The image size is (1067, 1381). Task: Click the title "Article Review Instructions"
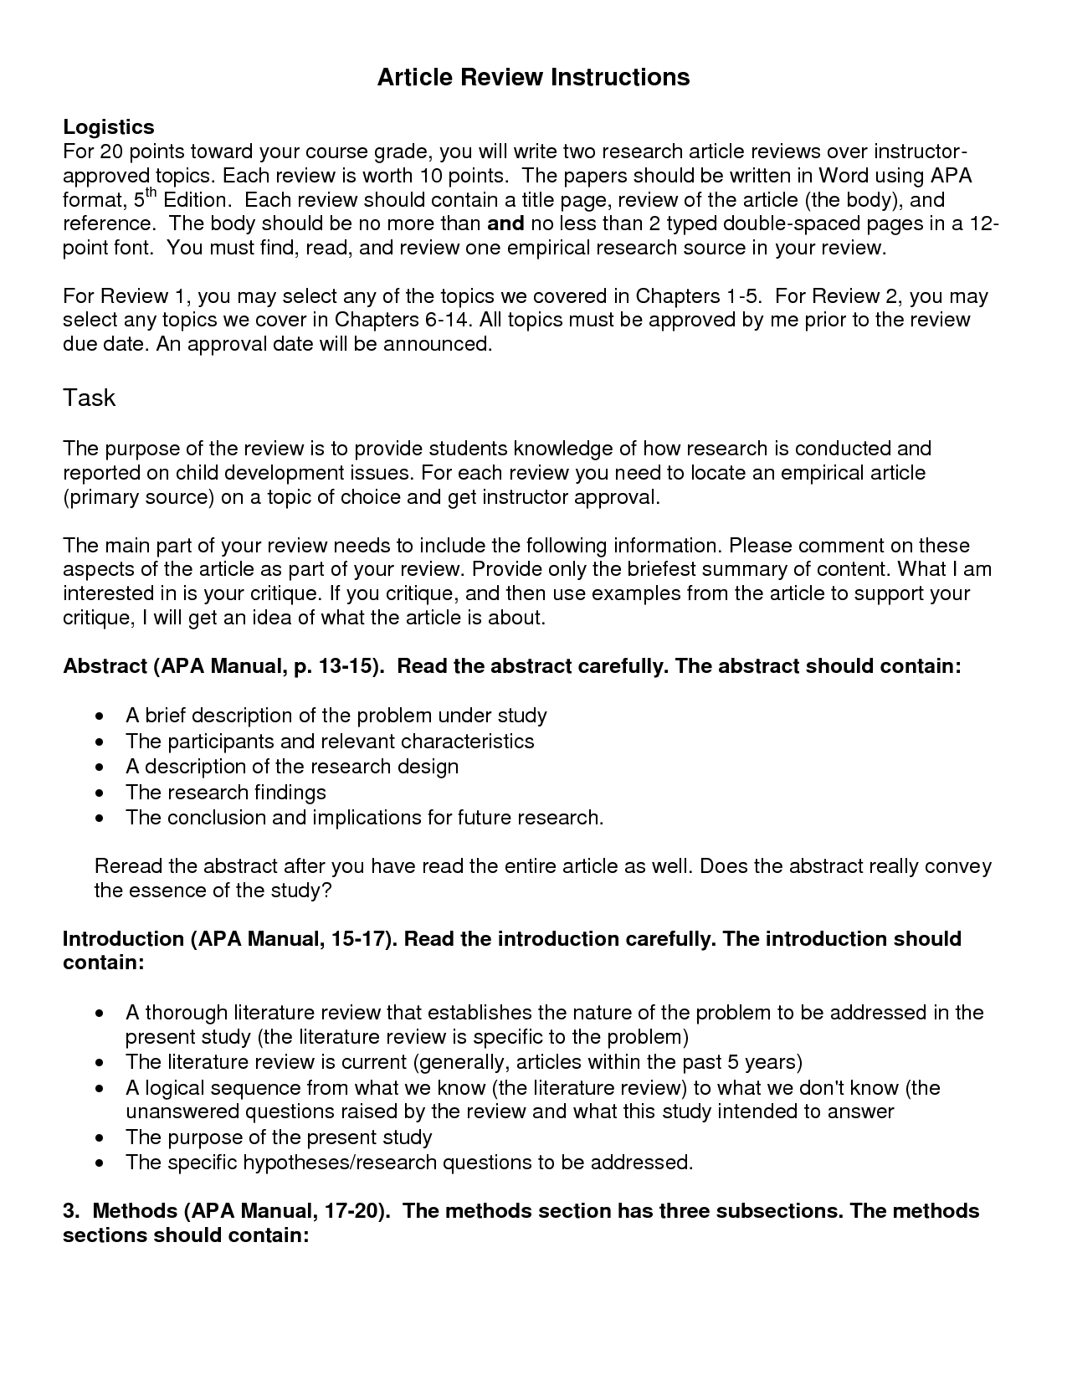tap(533, 77)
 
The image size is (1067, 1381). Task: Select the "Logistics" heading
tap(109, 126)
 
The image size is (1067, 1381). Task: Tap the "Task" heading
tap(89, 398)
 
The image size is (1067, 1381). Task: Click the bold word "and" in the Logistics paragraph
tap(505, 223)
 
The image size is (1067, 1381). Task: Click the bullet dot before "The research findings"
tap(100, 793)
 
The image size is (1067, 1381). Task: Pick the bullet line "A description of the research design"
tap(291, 767)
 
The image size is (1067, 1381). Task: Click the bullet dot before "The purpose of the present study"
tap(100, 1137)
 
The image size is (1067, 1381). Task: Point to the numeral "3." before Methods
tap(71, 1211)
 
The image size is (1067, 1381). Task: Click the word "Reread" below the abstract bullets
tap(129, 865)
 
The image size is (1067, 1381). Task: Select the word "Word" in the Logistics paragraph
tap(843, 176)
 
